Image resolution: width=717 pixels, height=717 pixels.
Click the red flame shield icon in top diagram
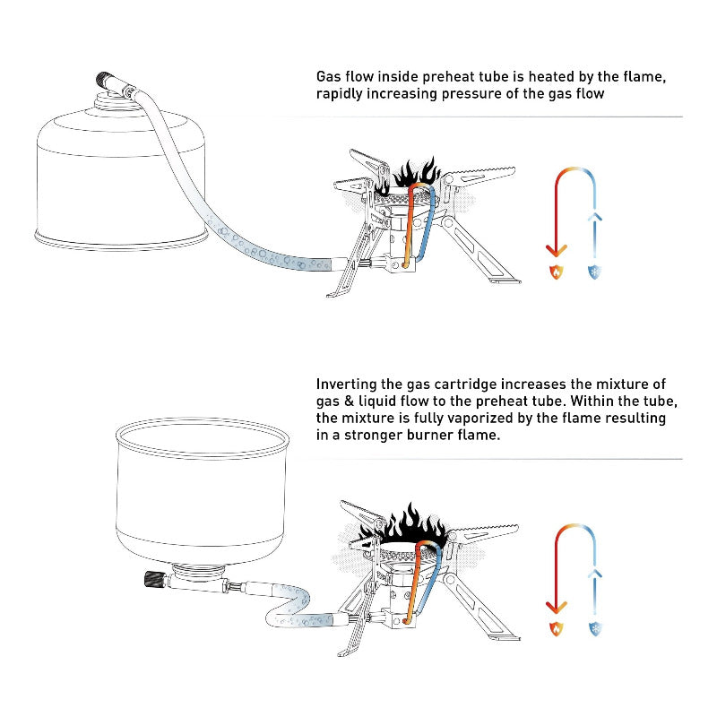coord(556,272)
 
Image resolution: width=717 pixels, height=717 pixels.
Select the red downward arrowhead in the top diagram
coord(556,249)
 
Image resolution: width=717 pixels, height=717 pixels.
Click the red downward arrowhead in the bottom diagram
coord(556,608)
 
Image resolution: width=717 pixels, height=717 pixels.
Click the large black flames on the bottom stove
coord(409,527)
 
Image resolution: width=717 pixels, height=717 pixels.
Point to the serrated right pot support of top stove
coord(488,171)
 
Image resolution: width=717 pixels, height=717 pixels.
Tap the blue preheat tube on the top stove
coord(431,224)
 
